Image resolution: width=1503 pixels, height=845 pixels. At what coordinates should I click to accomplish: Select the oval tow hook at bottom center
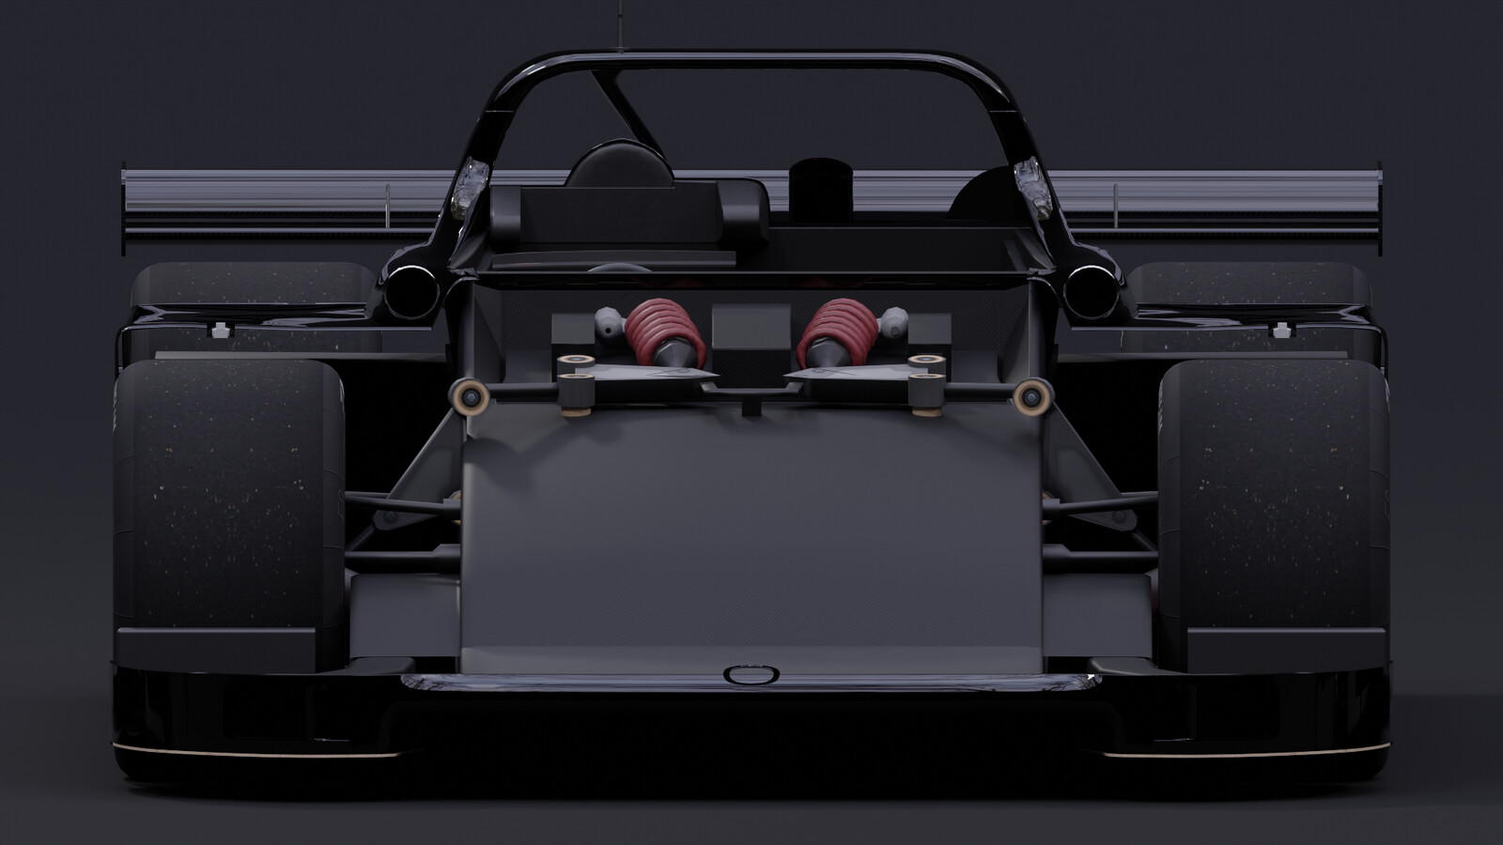[x=751, y=674]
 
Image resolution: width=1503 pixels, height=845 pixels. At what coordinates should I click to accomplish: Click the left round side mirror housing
[x=411, y=290]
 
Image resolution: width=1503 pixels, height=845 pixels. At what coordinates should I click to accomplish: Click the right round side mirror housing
[x=1091, y=290]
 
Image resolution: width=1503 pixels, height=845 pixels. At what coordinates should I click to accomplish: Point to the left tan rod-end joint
[x=470, y=397]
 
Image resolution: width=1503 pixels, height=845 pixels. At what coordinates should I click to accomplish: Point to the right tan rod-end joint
[x=1031, y=397]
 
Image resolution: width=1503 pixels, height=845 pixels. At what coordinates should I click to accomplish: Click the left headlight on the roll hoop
[x=470, y=188]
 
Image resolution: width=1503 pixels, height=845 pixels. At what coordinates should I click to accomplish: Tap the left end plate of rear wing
[x=125, y=211]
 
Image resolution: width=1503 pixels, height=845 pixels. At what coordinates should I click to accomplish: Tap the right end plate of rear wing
[x=1379, y=211]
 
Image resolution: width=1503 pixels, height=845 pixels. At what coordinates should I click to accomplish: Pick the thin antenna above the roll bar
[x=620, y=23]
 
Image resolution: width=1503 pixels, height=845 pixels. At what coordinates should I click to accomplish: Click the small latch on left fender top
[x=221, y=330]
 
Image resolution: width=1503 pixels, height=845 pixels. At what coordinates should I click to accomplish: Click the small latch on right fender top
[x=1280, y=330]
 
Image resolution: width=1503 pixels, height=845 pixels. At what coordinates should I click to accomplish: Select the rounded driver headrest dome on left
[x=620, y=164]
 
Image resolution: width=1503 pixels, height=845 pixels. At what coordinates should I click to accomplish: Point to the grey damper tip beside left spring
[x=609, y=324]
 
